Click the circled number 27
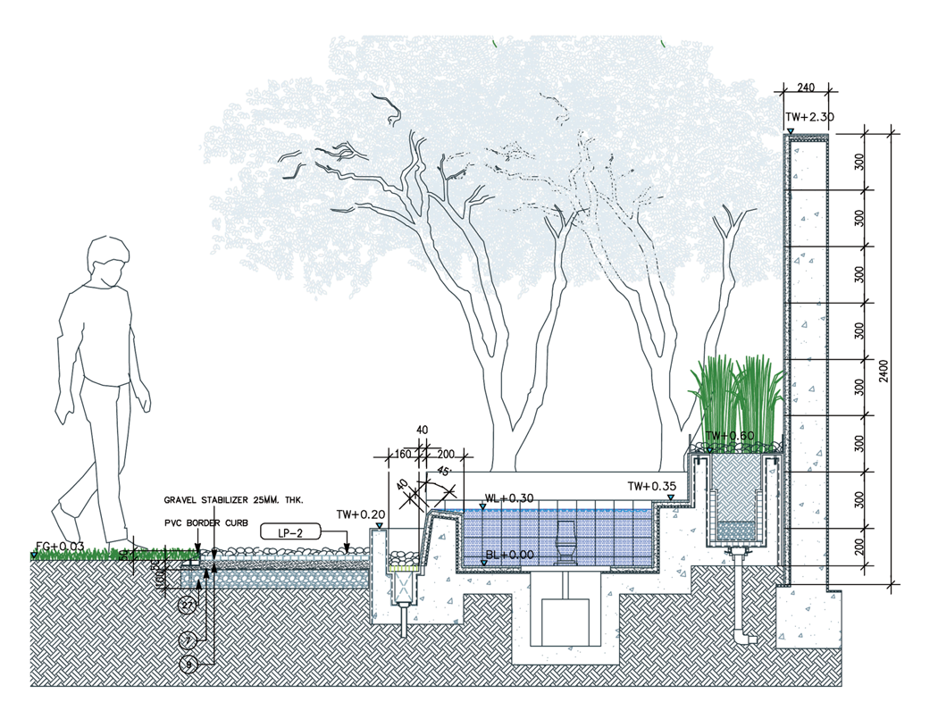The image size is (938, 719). [188, 606]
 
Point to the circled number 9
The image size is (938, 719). [188, 664]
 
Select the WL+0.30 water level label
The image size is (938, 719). [509, 497]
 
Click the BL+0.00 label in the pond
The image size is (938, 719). [511, 556]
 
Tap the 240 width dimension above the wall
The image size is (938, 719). [807, 88]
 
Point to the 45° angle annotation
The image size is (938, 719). [444, 471]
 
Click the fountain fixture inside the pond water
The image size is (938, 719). [566, 543]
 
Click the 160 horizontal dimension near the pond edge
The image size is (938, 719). [402, 455]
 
